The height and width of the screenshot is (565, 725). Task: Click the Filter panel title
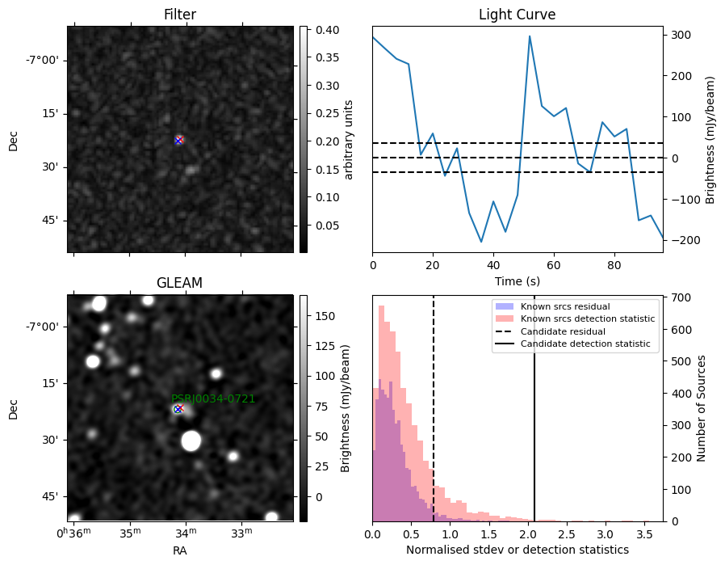click(180, 15)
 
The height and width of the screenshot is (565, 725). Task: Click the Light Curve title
click(517, 15)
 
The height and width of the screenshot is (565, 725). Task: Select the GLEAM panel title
click(179, 283)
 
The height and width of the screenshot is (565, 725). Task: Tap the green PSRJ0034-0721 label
click(213, 398)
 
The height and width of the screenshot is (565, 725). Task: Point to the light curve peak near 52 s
click(530, 36)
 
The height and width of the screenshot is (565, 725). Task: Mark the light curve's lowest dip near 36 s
click(481, 242)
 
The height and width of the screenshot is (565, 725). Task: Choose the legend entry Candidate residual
click(551, 331)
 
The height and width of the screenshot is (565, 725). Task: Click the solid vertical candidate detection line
click(534, 409)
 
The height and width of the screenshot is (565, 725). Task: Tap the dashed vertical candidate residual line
click(434, 409)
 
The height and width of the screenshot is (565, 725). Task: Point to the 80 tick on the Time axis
click(614, 265)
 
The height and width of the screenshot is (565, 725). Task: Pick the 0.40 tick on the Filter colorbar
click(327, 30)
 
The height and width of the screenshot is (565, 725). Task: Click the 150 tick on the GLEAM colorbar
click(325, 316)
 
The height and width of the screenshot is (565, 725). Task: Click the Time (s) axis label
click(518, 280)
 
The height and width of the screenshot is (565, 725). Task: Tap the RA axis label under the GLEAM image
click(180, 550)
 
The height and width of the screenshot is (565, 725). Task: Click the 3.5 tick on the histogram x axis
click(643, 535)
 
